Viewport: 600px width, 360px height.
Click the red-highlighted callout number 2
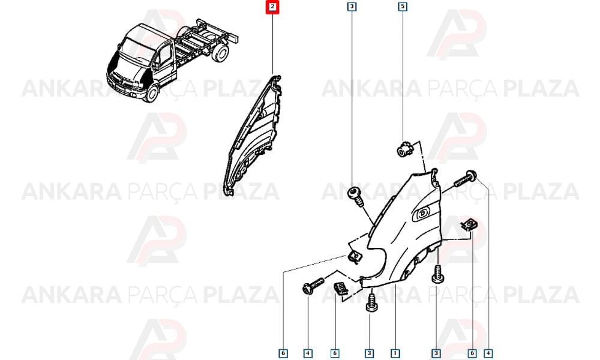pos(272,7)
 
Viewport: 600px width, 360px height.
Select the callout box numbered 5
pos(403,7)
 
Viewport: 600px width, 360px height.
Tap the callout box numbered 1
pos(395,353)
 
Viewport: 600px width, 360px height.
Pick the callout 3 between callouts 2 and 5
pos(352,7)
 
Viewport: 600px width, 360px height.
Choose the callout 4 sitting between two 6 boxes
pos(308,353)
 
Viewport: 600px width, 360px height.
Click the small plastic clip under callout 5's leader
pos(404,149)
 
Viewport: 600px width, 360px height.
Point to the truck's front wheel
pos(152,93)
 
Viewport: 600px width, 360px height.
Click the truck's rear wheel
pos(220,54)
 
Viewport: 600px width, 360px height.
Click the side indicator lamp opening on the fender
pos(422,214)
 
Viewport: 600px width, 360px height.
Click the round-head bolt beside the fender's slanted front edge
pos(355,196)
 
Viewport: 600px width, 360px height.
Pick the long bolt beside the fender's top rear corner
pos(466,179)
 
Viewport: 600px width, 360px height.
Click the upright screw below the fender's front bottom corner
pos(370,302)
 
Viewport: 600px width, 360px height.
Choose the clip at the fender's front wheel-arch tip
pos(355,256)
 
